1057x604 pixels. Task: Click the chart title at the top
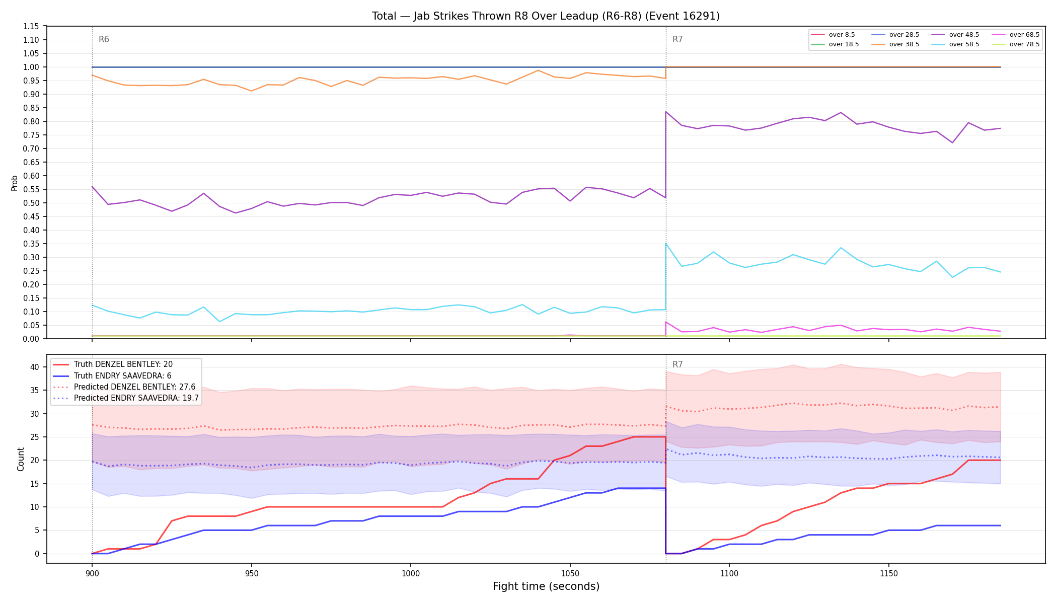point(546,16)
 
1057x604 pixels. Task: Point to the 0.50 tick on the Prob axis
point(32,203)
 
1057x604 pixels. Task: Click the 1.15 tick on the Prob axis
point(32,26)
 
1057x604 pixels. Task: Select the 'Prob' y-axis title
point(14,183)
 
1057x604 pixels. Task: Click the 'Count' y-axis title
point(21,459)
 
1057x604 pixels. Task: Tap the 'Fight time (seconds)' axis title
point(546,586)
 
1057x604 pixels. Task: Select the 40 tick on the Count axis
point(34,367)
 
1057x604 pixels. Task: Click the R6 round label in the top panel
point(104,39)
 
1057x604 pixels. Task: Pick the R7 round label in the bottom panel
point(677,364)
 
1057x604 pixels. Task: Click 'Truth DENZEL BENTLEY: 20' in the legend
point(123,364)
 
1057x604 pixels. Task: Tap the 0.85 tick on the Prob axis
point(32,108)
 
